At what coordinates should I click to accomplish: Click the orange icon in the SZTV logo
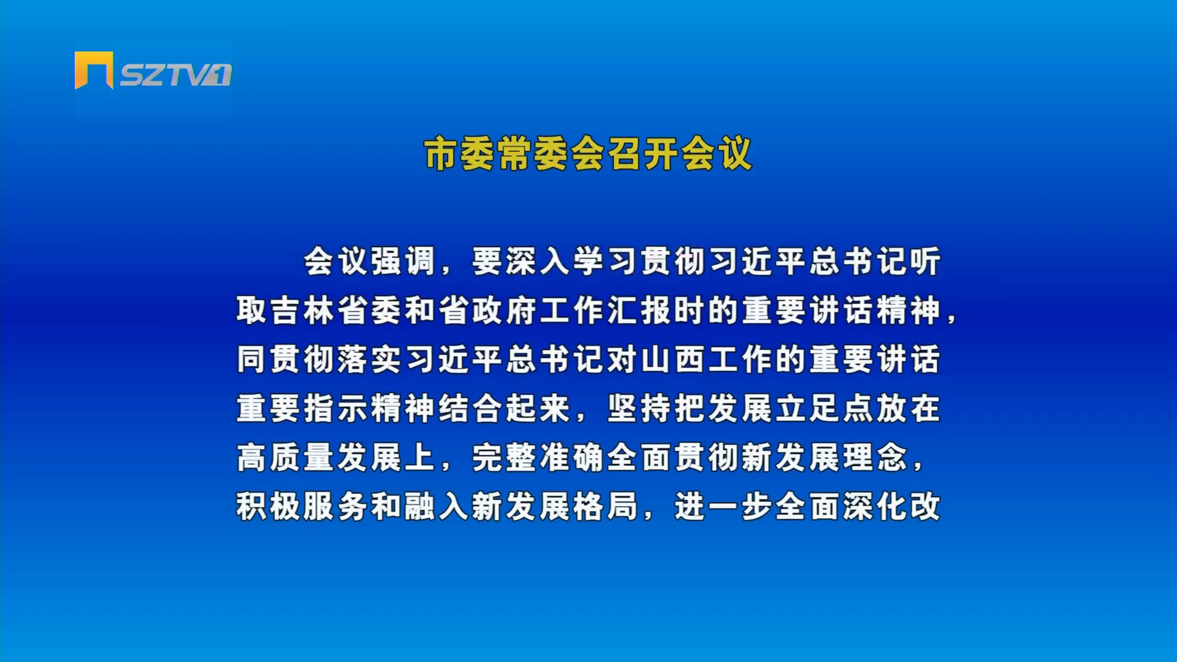pyautogui.click(x=94, y=70)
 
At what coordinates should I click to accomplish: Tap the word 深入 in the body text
pyautogui.click(x=522, y=261)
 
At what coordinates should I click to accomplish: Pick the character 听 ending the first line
pyautogui.click(x=925, y=261)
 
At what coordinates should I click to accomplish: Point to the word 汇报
pyautogui.click(x=639, y=310)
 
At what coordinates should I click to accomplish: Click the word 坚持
pyautogui.click(x=639, y=408)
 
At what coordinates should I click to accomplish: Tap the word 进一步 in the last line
pyautogui.click(x=724, y=506)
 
